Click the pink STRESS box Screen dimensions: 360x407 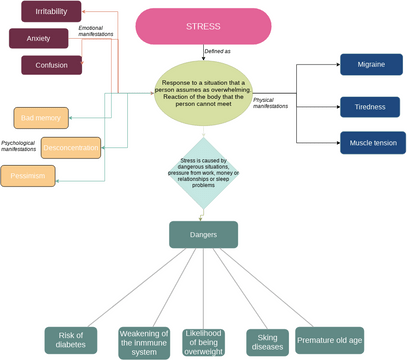click(203, 27)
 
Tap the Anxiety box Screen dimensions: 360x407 click(39, 39)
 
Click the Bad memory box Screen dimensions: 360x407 click(41, 116)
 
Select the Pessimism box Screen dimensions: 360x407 click(31, 176)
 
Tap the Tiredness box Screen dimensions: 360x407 click(372, 105)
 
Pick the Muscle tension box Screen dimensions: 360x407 click(372, 142)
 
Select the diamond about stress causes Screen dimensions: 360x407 click(203, 172)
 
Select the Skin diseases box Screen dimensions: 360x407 click(266, 339)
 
